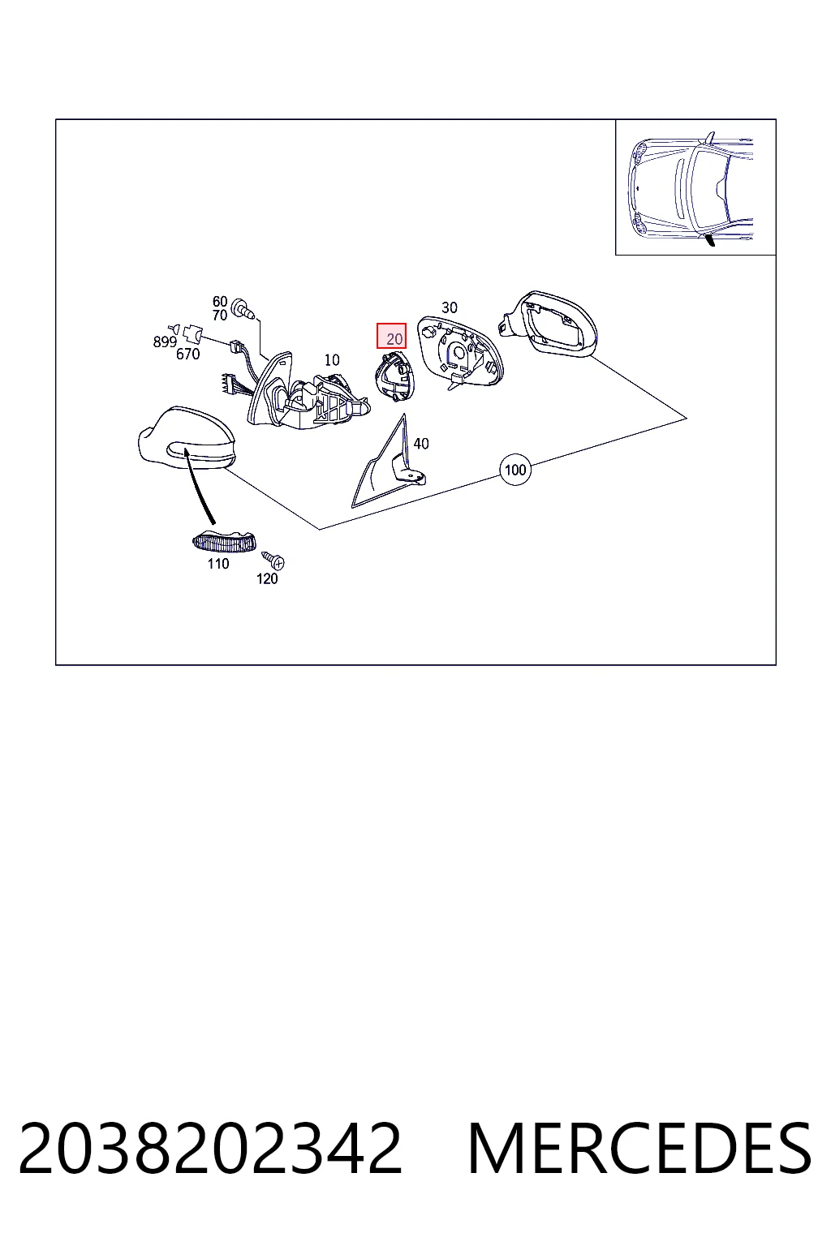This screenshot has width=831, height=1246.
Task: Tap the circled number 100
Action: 515,470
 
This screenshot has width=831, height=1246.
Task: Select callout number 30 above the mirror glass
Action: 450,307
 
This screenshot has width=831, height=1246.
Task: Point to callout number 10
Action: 332,360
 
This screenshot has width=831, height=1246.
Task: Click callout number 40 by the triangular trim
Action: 421,444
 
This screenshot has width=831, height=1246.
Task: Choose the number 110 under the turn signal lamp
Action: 218,564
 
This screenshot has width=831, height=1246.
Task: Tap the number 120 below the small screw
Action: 267,579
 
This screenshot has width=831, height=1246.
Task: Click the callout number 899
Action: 165,342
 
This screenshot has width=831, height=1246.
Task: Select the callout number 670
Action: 188,354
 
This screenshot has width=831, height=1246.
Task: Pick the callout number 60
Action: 220,302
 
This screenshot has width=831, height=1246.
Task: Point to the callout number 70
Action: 220,316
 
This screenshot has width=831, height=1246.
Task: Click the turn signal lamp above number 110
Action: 224,542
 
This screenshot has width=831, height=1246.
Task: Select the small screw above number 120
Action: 273,560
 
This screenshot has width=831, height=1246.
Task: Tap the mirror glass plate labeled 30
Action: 460,353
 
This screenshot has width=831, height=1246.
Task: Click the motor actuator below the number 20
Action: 395,376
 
